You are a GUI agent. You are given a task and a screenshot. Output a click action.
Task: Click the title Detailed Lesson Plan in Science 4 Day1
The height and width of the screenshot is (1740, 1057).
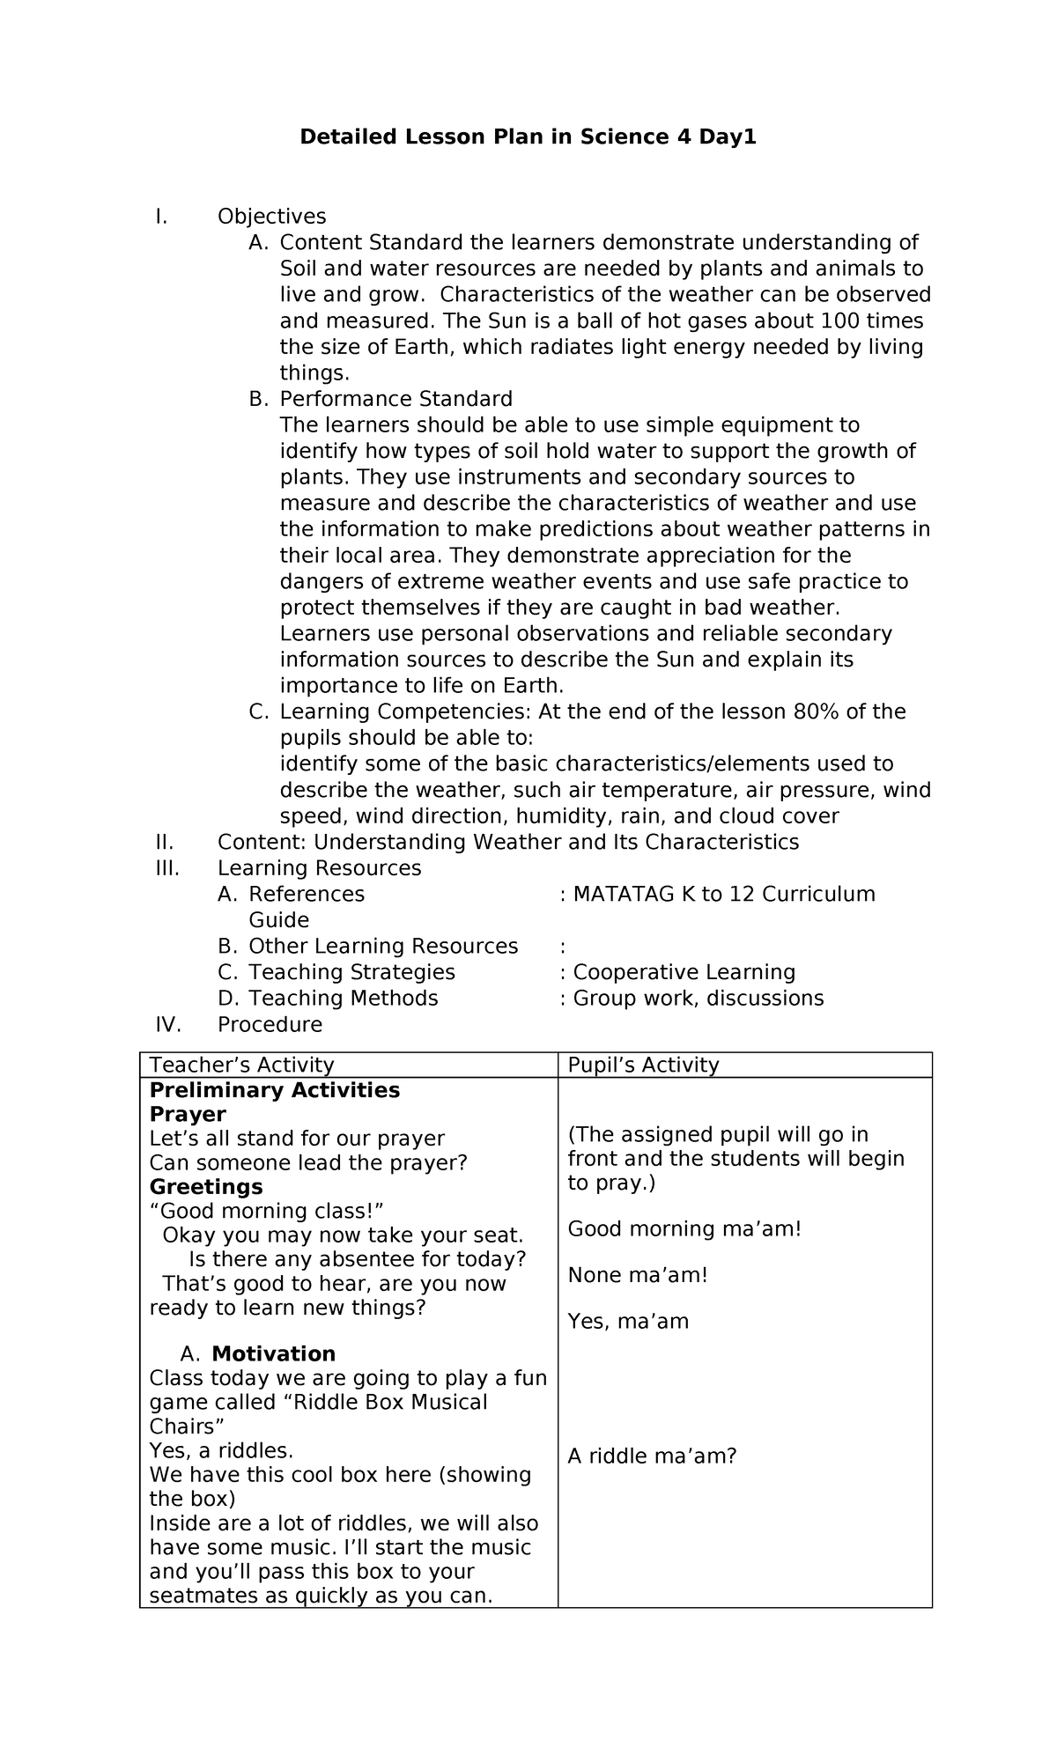click(x=528, y=137)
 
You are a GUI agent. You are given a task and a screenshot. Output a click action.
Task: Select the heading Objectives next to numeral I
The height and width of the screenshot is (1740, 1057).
click(x=271, y=217)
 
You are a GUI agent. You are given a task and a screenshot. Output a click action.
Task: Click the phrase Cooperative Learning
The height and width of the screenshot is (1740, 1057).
click(x=684, y=972)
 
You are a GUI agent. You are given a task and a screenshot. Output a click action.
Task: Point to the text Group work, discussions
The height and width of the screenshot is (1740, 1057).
click(x=698, y=999)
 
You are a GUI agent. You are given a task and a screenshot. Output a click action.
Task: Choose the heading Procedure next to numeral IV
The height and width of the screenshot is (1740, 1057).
click(x=270, y=1025)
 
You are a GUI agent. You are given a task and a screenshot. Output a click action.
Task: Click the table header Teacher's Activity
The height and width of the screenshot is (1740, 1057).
click(x=241, y=1065)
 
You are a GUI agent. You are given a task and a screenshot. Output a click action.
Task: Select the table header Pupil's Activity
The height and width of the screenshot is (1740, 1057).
click(x=643, y=1065)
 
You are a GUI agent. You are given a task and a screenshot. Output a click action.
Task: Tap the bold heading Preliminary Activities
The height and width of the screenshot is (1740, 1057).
click(x=275, y=1091)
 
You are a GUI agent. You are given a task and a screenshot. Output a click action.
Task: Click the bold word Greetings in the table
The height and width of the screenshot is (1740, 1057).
click(x=206, y=1187)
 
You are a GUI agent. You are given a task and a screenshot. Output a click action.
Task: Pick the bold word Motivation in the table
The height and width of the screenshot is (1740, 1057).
click(x=273, y=1354)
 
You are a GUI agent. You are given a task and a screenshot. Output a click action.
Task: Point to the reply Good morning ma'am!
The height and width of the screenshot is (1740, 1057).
click(x=684, y=1229)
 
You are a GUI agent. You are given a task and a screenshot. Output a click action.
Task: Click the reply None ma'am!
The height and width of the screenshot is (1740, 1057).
click(x=638, y=1275)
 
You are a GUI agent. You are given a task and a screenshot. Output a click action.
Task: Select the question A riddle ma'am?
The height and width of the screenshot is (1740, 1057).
click(x=652, y=1456)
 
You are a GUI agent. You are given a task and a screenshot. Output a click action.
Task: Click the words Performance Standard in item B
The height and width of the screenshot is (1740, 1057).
click(x=395, y=399)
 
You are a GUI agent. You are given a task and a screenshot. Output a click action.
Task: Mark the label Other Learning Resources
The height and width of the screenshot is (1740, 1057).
click(x=383, y=947)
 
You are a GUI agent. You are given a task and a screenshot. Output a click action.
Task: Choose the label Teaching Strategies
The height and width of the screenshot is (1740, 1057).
click(x=351, y=972)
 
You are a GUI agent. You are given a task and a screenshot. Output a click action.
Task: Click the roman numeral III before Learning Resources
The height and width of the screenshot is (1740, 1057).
click(x=166, y=868)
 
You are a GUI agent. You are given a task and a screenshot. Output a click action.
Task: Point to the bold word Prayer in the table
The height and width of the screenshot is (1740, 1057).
click(x=188, y=1115)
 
